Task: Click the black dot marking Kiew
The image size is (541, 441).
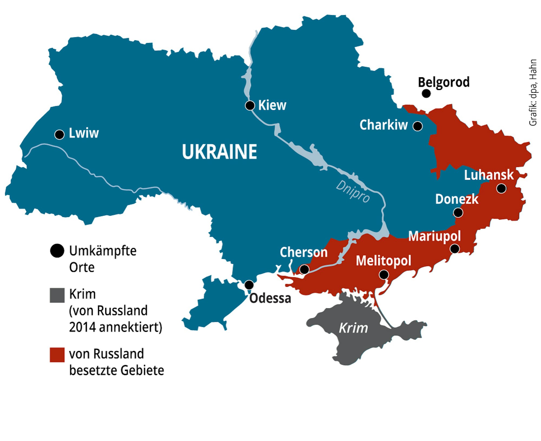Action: coord(250,105)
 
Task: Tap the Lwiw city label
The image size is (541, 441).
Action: coord(84,133)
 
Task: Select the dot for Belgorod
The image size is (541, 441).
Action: coord(426,93)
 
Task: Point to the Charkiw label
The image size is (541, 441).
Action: coord(383,125)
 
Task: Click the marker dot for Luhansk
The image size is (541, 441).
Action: coord(501,188)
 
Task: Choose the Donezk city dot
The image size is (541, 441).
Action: coord(458,213)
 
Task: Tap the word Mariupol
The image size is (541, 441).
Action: coord(434,236)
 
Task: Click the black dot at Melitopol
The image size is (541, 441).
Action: coord(384,275)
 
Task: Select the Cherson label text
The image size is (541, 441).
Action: coord(304,252)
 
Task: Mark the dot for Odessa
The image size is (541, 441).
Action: coord(249,285)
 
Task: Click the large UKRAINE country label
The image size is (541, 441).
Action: coord(219,152)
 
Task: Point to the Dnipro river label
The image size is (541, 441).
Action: coord(353,191)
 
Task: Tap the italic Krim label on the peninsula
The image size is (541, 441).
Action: coord(353,328)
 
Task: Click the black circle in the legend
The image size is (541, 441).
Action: coord(57,251)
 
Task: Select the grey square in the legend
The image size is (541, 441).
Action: coord(57,295)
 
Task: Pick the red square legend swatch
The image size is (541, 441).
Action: coord(57,355)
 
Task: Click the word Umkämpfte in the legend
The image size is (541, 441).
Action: coord(103,251)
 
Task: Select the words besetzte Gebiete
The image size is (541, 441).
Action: coord(117,370)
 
